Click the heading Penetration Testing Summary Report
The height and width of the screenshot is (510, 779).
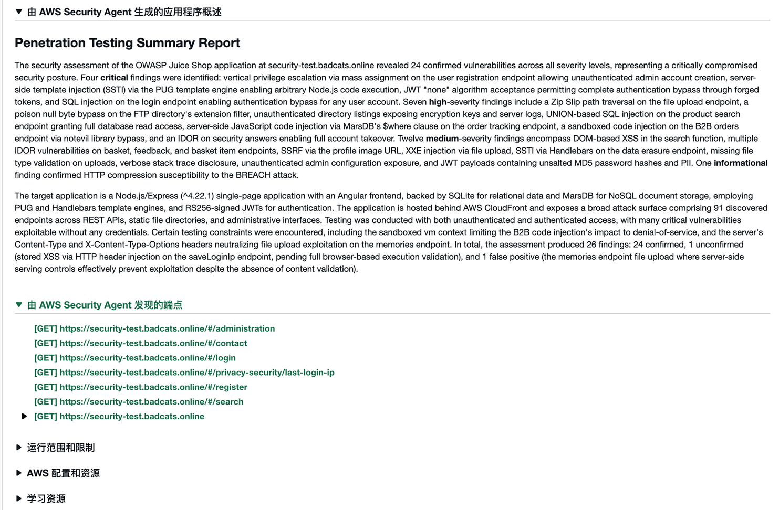point(127,43)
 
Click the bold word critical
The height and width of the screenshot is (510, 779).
point(114,78)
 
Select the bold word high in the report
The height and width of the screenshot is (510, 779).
point(438,102)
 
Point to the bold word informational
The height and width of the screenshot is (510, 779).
point(740,163)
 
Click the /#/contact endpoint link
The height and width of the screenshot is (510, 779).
point(140,343)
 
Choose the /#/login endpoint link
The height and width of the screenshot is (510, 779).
point(135,358)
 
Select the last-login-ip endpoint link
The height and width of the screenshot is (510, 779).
point(184,373)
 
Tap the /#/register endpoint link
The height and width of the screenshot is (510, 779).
point(141,387)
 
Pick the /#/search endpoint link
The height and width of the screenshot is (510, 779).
point(139,402)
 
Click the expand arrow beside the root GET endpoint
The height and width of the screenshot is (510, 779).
point(24,416)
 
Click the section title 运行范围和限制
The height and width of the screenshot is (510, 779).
point(61,448)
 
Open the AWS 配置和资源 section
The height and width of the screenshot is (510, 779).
point(63,473)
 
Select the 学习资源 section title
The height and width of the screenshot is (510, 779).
point(46,498)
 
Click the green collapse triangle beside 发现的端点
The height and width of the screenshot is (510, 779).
point(19,305)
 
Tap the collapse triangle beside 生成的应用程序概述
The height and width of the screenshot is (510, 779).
point(19,12)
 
